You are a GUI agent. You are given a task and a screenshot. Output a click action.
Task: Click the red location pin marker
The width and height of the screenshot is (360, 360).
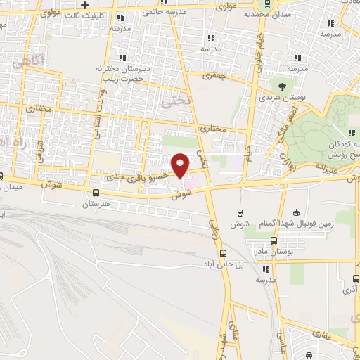[x=181, y=165]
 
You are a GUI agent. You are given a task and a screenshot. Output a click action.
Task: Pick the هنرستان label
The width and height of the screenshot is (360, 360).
[x=96, y=205]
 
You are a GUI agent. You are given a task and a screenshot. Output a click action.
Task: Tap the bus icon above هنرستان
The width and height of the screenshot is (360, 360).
[x=96, y=193]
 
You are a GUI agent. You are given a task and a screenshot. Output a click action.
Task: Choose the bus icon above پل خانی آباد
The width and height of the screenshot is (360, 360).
[x=224, y=253]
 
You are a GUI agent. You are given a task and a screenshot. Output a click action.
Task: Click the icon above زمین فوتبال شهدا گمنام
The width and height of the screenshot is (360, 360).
[x=296, y=212]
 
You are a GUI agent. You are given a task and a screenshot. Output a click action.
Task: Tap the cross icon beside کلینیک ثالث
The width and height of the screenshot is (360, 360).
[x=84, y=5]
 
